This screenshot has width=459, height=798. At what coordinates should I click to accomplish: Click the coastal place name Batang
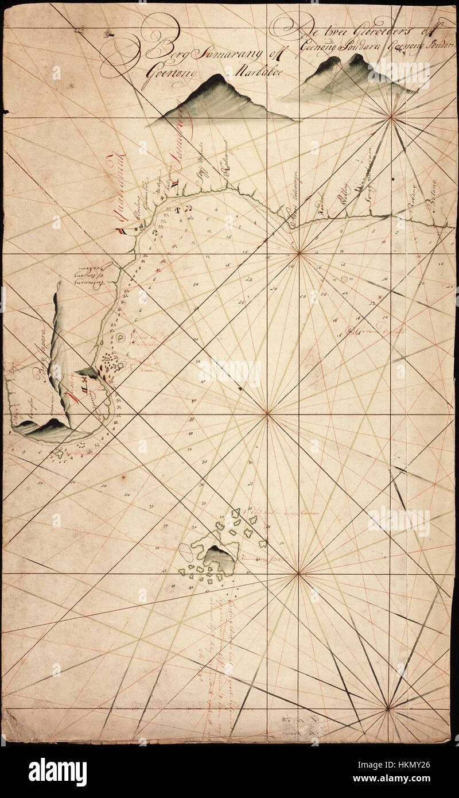pyautogui.click(x=431, y=203)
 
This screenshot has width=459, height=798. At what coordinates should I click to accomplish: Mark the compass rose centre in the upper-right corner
pyautogui.click(x=391, y=118)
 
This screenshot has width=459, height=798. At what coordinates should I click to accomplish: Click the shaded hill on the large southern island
pyautogui.click(x=220, y=559)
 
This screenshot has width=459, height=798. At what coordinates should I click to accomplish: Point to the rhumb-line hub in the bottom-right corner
pyautogui.click(x=388, y=710)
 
